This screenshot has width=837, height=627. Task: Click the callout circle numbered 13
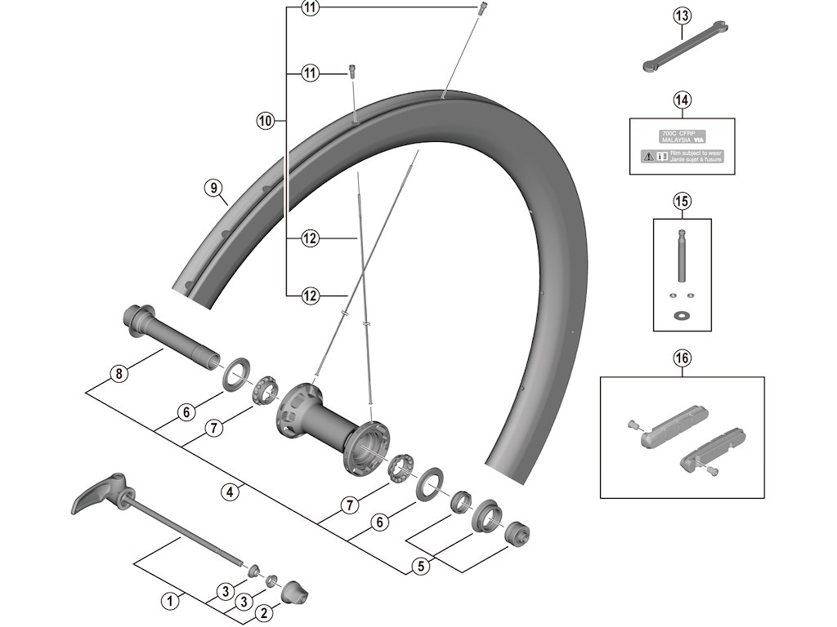pyautogui.click(x=683, y=15)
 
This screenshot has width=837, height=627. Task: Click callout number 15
pyautogui.click(x=683, y=199)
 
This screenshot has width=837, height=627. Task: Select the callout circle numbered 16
pyautogui.click(x=683, y=357)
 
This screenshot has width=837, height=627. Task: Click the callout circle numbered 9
pyautogui.click(x=214, y=189)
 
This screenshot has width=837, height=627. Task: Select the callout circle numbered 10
pyautogui.click(x=264, y=121)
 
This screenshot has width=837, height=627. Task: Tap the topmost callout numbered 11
pyautogui.click(x=310, y=8)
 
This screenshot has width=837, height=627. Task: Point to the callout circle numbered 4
pyautogui.click(x=231, y=491)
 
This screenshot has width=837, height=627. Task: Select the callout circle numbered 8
pyautogui.click(x=119, y=375)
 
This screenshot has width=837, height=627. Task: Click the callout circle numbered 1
pyautogui.click(x=171, y=602)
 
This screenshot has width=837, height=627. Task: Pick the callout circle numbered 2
pyautogui.click(x=263, y=611)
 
